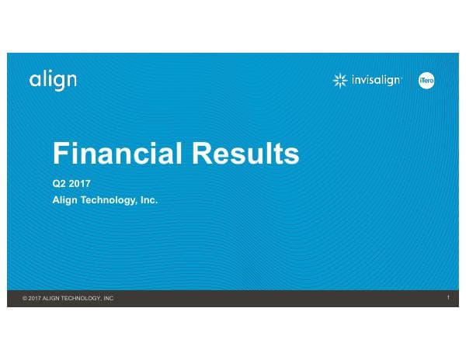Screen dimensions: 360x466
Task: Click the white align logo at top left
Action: [x=53, y=80]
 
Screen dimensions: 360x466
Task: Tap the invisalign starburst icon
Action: [x=339, y=80]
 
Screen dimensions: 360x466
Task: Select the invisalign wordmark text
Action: [x=374, y=80]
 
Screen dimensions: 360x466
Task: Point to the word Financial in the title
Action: [x=117, y=153]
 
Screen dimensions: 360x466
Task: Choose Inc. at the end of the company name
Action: [x=149, y=199]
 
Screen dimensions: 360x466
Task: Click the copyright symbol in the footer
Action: [x=25, y=299]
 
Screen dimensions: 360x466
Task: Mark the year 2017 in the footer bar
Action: [x=35, y=299]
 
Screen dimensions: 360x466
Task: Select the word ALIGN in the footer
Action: [x=52, y=299]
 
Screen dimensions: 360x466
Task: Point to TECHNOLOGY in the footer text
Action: [x=82, y=299]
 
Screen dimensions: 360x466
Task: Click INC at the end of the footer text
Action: [x=108, y=299]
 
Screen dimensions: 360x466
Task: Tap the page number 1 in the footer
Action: [x=449, y=298]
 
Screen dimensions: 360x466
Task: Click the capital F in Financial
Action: [x=61, y=153]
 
